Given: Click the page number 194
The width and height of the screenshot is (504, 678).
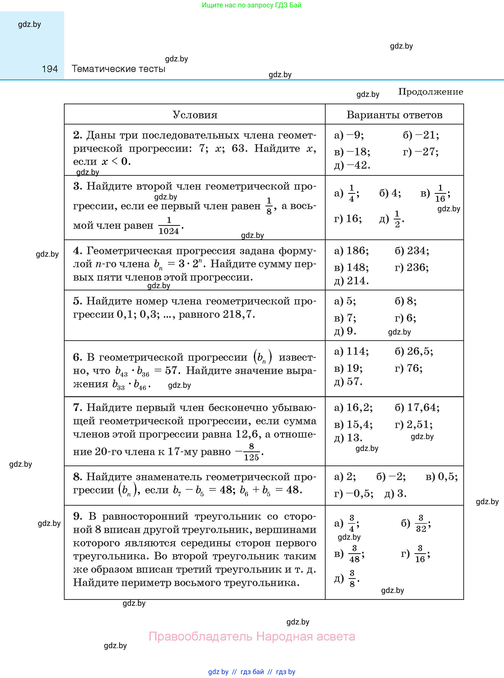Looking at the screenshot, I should [x=50, y=69].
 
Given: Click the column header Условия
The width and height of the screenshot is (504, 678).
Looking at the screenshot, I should [x=195, y=115].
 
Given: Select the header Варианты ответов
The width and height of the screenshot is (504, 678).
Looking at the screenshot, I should [x=394, y=115].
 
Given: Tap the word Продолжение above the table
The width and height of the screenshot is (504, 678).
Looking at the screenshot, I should [x=430, y=92].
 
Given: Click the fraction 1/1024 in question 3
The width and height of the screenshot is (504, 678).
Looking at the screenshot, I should [x=169, y=226].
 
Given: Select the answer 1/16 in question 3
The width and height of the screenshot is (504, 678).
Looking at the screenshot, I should [x=440, y=193].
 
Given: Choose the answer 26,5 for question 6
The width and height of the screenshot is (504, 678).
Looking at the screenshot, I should [x=419, y=351].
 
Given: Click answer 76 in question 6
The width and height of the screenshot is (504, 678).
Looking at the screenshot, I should [x=414, y=368].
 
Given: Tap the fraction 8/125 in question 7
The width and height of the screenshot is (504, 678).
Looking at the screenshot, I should [x=251, y=452].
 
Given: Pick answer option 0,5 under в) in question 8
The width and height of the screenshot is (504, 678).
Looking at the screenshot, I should [x=447, y=477].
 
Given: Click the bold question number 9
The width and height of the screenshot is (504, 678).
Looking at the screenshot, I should [x=77, y=516].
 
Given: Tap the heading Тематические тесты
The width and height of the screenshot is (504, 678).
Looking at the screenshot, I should [x=118, y=69].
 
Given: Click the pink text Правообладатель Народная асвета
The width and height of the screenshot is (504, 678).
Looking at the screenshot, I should [x=252, y=637].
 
